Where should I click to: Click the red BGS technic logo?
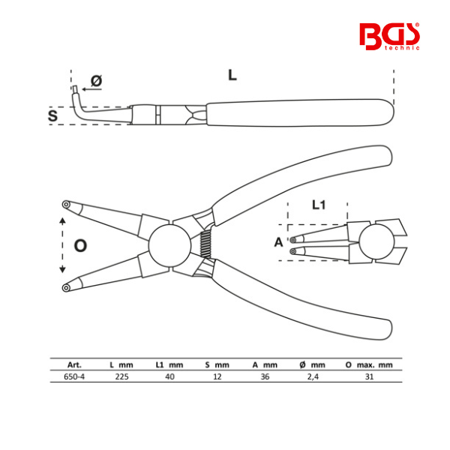(x=389, y=37)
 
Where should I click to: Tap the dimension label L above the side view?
(x=232, y=75)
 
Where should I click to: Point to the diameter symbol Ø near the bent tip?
(x=97, y=81)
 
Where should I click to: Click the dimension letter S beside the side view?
(x=52, y=115)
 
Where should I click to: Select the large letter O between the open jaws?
(x=80, y=246)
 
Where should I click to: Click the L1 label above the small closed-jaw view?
(x=319, y=205)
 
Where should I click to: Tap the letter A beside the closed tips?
(x=278, y=242)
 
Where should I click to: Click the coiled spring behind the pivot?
(x=205, y=244)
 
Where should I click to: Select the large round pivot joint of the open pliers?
(x=169, y=245)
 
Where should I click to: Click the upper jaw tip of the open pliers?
(x=66, y=204)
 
